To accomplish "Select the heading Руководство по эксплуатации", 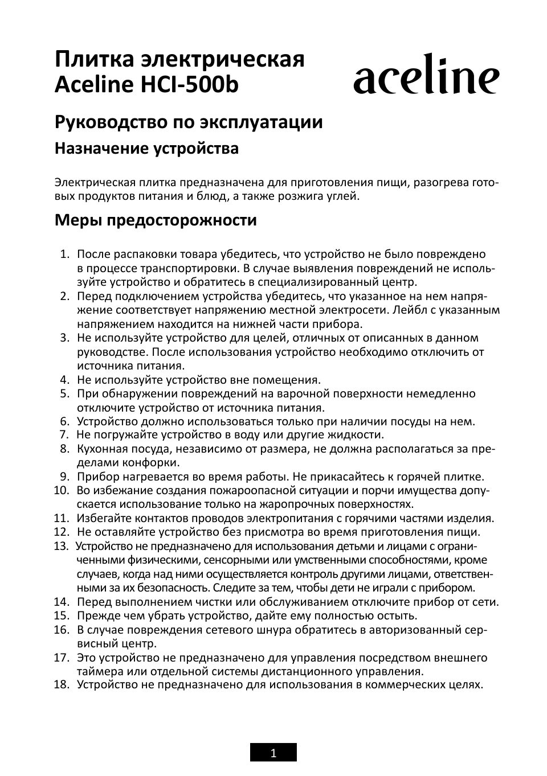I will (x=188, y=122).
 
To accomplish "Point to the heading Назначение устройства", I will (x=146, y=149).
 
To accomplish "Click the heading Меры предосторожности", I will (x=156, y=220).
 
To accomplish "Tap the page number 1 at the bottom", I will (x=273, y=753).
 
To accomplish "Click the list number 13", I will (x=61, y=546).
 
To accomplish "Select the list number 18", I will (x=61, y=685).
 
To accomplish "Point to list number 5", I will (x=64, y=393).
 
